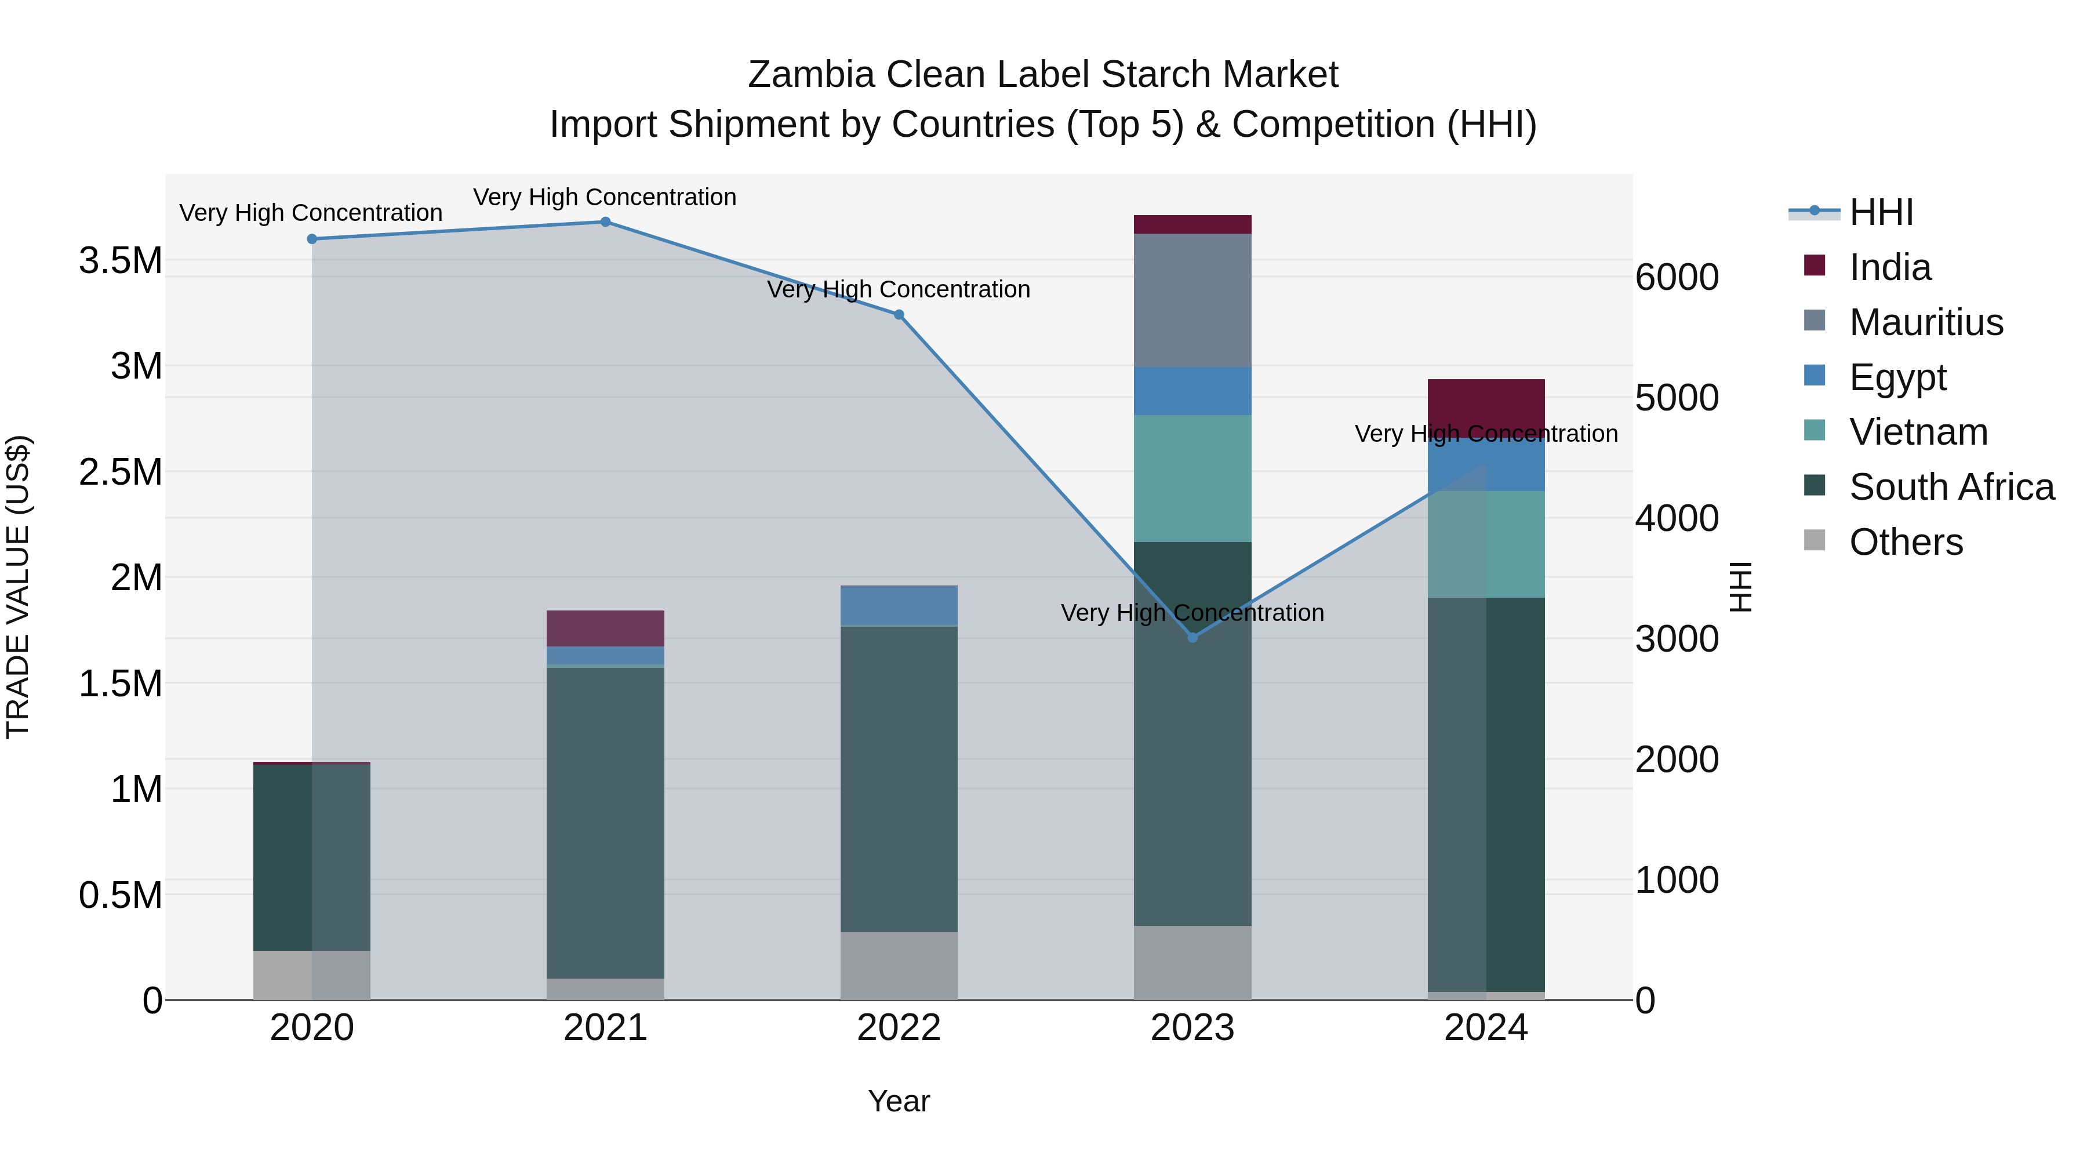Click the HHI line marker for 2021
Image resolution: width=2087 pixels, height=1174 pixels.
tap(605, 222)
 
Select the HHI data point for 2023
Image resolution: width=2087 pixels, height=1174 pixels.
tap(1192, 638)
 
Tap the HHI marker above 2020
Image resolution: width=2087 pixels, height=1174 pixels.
tap(312, 239)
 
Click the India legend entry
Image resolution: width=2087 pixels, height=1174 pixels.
tap(1889, 267)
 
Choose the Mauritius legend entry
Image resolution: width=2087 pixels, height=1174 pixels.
tap(1926, 322)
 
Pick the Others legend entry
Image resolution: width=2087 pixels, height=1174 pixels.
tap(1906, 542)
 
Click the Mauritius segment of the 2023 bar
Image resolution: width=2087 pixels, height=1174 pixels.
tap(1192, 300)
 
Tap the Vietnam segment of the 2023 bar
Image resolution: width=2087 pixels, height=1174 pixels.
tap(1192, 478)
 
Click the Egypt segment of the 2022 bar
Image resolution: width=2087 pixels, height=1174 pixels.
tap(899, 605)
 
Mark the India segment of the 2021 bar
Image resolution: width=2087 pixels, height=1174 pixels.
tap(605, 628)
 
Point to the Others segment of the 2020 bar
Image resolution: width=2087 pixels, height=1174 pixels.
tap(312, 975)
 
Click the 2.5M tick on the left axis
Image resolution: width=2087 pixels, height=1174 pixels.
tap(121, 471)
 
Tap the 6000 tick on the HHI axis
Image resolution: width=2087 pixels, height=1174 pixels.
tap(1676, 277)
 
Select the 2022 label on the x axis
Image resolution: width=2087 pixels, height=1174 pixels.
tap(899, 1028)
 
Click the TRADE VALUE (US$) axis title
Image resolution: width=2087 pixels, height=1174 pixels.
tap(18, 587)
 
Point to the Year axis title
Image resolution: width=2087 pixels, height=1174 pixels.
tap(899, 1101)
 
